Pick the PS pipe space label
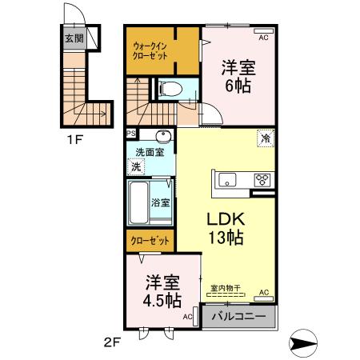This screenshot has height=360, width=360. (130, 134)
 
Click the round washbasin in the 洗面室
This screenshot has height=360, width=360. (163, 135)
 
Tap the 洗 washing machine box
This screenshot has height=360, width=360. (136, 167)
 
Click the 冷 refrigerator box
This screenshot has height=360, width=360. (265, 138)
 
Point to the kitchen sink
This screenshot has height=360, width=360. (227, 178)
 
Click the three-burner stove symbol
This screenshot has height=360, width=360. (262, 179)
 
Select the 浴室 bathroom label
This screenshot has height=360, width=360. (161, 202)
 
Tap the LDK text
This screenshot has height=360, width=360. (227, 218)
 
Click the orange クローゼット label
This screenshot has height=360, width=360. (148, 238)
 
